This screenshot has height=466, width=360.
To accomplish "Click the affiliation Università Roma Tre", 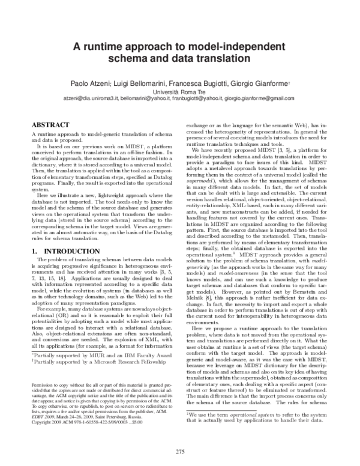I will tap(180, 92).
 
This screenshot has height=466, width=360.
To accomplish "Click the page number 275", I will tap(180, 451).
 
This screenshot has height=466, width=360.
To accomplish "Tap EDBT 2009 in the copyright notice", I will tap(44, 416).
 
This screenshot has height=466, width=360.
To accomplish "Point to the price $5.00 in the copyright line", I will tap(137, 422).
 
